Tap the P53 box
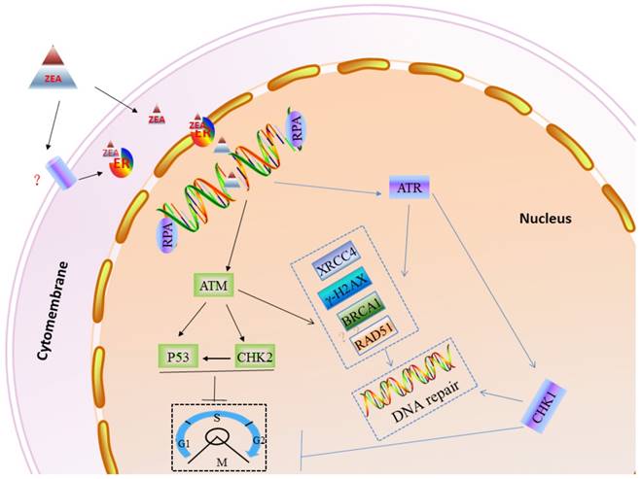[179, 357]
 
